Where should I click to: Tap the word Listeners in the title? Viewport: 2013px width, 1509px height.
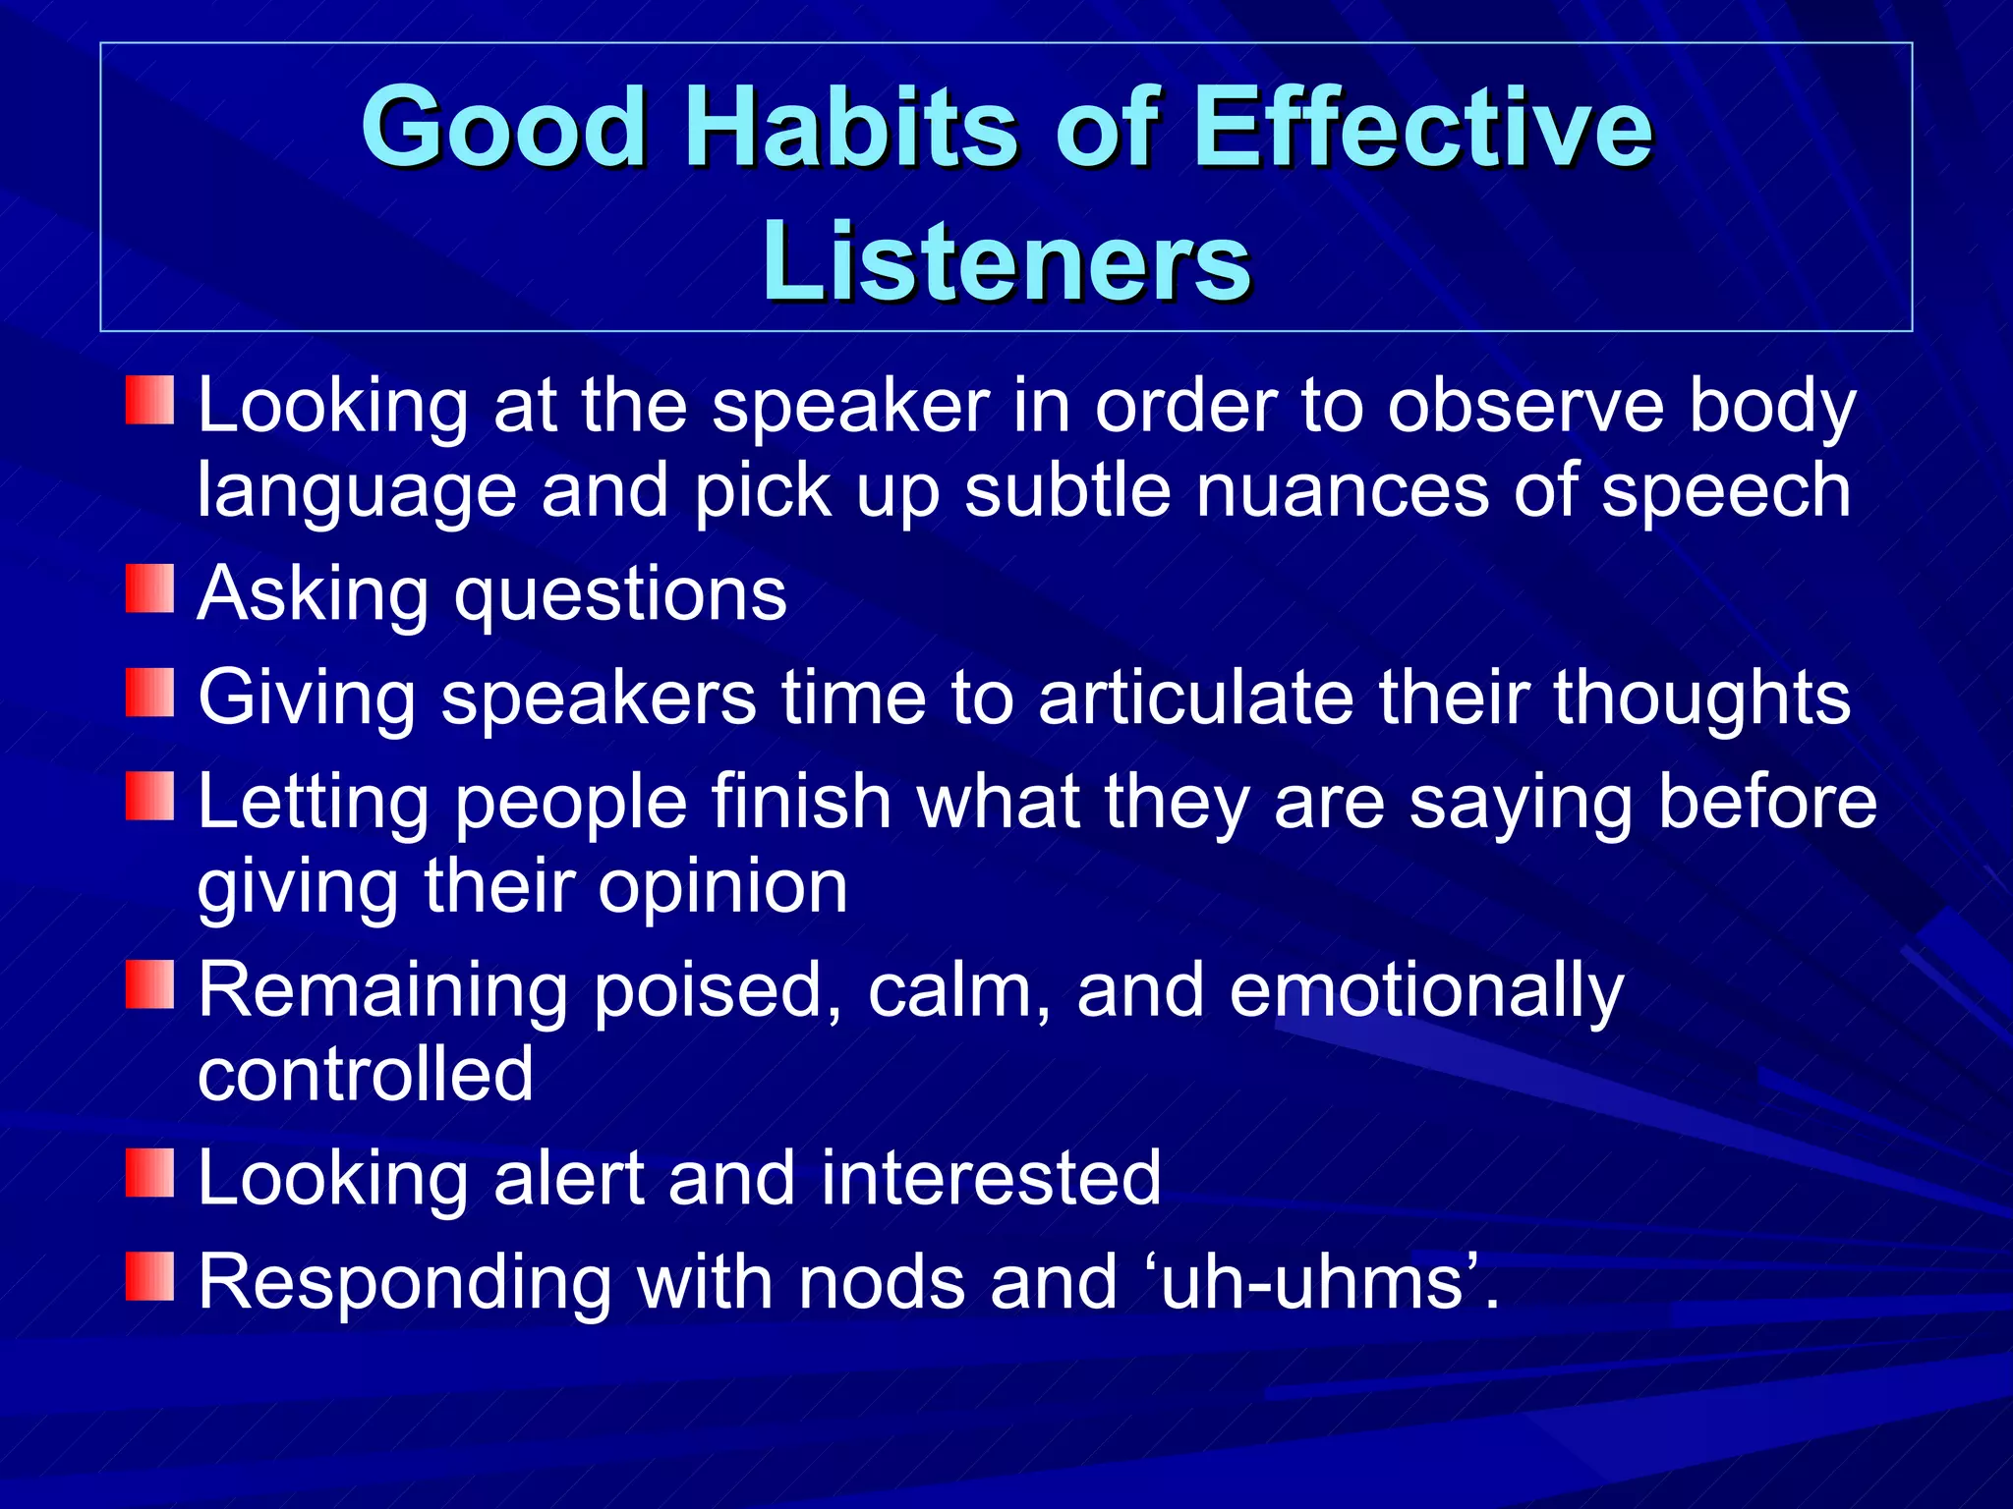click(x=1006, y=261)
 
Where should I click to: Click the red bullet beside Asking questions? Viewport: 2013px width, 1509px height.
click(x=149, y=588)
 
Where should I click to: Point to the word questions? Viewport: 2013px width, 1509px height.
click(x=620, y=596)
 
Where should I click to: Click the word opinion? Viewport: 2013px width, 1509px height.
click(x=722, y=887)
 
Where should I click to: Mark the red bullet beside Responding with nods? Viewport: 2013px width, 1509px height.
click(x=149, y=1275)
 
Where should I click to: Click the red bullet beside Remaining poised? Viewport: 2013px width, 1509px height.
click(x=149, y=984)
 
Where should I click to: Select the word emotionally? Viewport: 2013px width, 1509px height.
click(x=1426, y=992)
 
